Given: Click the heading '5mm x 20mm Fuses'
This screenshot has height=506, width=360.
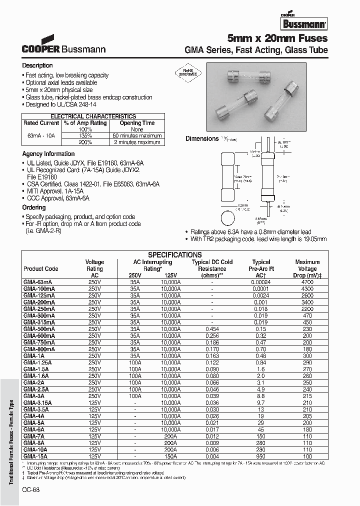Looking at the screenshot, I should tap(277, 38).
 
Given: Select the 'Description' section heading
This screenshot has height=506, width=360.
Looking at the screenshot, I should tap(37, 65).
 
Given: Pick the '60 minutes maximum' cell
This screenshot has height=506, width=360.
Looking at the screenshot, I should tap(137, 135).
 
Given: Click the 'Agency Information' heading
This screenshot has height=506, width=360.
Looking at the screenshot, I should tap(48, 154).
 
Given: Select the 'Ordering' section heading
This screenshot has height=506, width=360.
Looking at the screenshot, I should tap(34, 207).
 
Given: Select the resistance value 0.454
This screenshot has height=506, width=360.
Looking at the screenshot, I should tap(212, 328).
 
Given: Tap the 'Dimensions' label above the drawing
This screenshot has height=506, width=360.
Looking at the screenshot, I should tap(202, 138).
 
